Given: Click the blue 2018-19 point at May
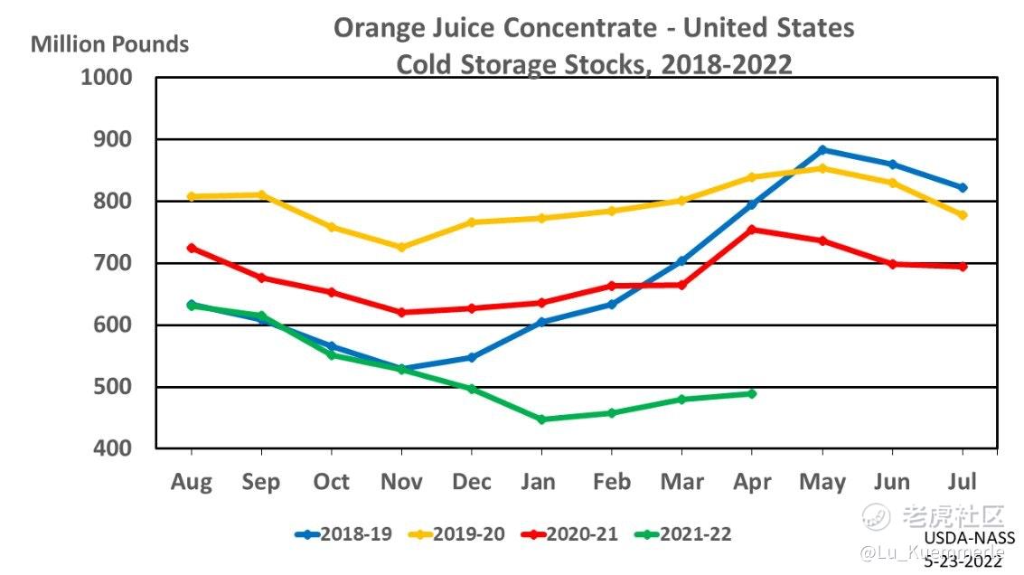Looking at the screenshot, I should click(x=822, y=150).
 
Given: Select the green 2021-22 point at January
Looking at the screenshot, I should click(x=541, y=419).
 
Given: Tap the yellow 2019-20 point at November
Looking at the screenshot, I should click(x=401, y=247).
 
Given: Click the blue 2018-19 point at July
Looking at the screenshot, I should click(x=963, y=188).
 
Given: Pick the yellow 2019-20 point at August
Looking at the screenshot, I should click(x=191, y=196).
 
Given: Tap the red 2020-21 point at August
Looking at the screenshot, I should click(x=191, y=248).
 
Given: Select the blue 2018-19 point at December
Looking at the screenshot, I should click(x=472, y=357).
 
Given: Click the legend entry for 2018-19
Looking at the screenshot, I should click(x=343, y=534).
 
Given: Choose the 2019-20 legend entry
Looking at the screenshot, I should click(x=456, y=534).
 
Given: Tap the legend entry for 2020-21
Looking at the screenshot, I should click(x=569, y=534).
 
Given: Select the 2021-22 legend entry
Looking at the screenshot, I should click(x=682, y=534).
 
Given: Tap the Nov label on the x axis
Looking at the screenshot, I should click(x=401, y=482).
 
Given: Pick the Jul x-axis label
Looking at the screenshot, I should click(x=962, y=482).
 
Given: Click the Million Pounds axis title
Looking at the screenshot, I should click(x=110, y=43).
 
